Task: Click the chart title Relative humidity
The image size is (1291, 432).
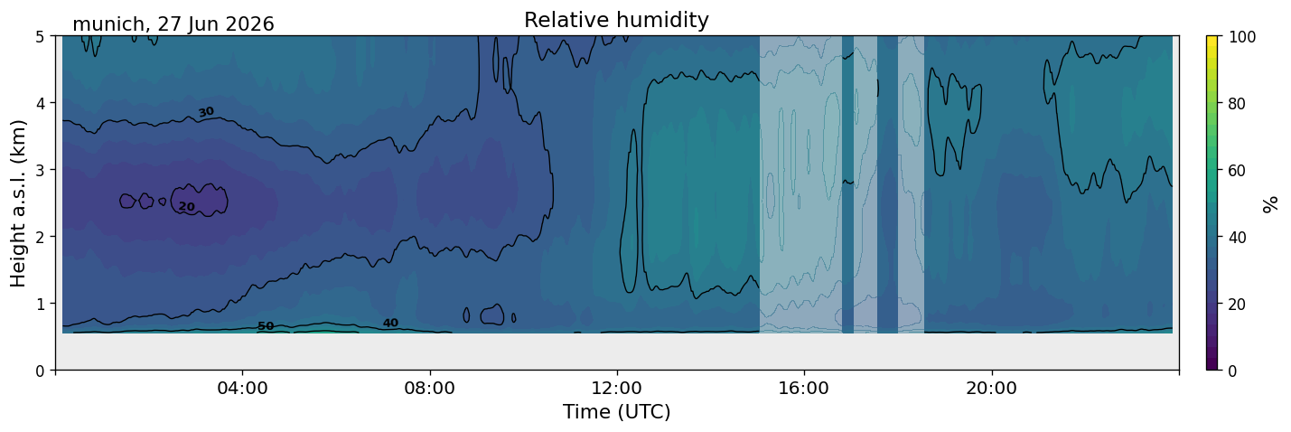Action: tap(616, 20)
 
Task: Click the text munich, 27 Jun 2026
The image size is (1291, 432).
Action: tap(173, 24)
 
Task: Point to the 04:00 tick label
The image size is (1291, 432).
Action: tap(243, 388)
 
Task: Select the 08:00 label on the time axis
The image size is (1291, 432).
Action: tap(430, 388)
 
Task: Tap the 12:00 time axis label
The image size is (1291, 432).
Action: tap(617, 388)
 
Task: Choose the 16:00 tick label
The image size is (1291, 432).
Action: tap(804, 388)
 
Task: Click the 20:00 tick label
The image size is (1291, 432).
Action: tap(991, 388)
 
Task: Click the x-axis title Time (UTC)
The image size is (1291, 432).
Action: tap(617, 412)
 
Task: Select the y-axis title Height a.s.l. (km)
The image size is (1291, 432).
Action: tap(18, 203)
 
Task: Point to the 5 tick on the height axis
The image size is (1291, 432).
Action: tap(40, 37)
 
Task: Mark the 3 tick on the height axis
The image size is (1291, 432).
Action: tap(40, 170)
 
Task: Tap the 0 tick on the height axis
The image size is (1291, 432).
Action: tap(40, 371)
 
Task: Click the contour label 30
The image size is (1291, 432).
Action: tap(206, 112)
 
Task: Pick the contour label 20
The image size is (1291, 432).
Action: tap(186, 206)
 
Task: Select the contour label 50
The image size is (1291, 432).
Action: tap(265, 326)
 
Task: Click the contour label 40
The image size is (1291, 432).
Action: tap(390, 323)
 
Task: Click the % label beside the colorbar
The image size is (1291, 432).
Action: tap(1269, 203)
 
